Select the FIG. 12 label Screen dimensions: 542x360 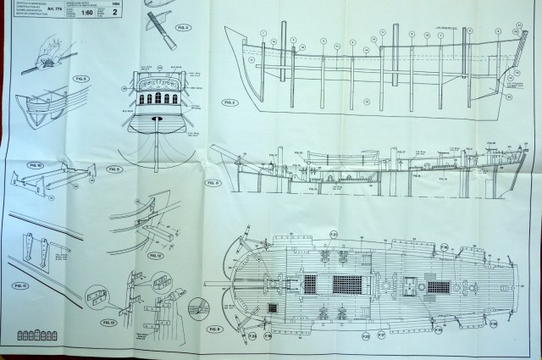pyautogui.click(x=154, y=254)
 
